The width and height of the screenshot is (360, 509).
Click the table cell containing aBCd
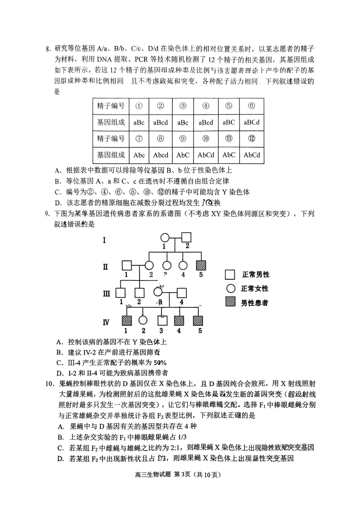coord(252,122)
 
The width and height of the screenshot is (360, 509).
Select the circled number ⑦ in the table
coord(139,138)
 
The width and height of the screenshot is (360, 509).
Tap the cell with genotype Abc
coord(139,155)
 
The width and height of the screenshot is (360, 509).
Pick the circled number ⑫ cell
coord(252,138)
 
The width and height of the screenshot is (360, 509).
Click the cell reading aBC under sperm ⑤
coord(229,122)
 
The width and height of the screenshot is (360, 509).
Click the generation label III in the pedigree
coord(106,293)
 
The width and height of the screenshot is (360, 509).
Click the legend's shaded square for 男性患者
coord(230,303)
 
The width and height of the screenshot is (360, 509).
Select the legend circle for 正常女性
coord(230,289)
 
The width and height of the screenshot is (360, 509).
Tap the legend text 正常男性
coord(256,275)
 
